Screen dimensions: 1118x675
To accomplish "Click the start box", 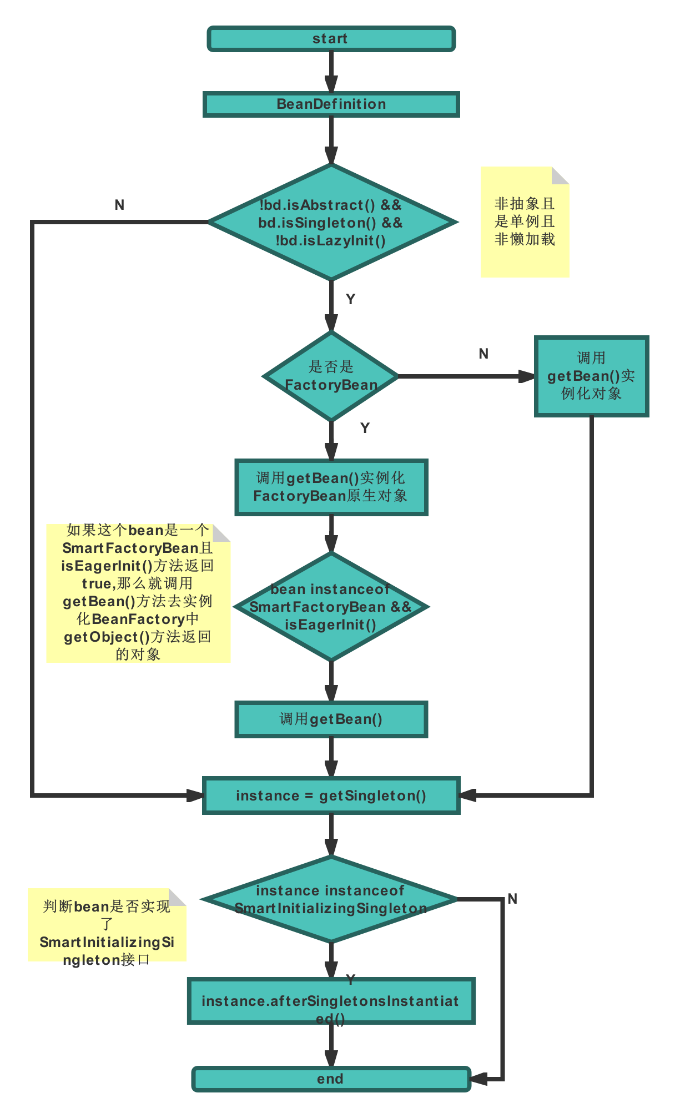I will point(331,39).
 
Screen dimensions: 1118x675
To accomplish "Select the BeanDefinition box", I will point(331,104).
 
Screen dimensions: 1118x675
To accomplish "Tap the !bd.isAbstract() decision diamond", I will point(331,222).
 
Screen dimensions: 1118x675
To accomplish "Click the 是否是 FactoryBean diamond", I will point(331,376).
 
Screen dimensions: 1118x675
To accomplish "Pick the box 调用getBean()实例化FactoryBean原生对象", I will point(331,487).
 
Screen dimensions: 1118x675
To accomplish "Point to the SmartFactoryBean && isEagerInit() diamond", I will point(331,607).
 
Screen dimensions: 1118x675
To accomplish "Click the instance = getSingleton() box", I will point(331,795).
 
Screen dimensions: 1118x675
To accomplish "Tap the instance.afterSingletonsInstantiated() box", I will point(331,1001).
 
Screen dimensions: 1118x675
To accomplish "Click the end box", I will point(331,1079).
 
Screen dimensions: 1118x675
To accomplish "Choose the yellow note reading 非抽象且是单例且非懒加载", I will point(525,222).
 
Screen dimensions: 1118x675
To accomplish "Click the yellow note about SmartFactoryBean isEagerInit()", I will point(138,593).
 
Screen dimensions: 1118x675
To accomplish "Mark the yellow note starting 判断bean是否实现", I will point(107,925).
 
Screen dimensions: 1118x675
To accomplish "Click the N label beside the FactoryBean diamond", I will point(483,354).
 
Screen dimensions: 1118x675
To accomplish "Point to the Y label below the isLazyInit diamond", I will point(350,299).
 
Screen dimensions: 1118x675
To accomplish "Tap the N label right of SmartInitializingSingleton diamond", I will point(512,899).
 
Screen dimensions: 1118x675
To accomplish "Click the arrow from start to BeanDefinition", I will point(331,71).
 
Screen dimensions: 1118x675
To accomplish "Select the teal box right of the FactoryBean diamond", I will point(591,376).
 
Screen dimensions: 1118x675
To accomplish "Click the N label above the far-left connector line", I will point(119,205).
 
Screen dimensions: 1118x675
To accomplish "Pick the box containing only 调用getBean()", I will point(331,719).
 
